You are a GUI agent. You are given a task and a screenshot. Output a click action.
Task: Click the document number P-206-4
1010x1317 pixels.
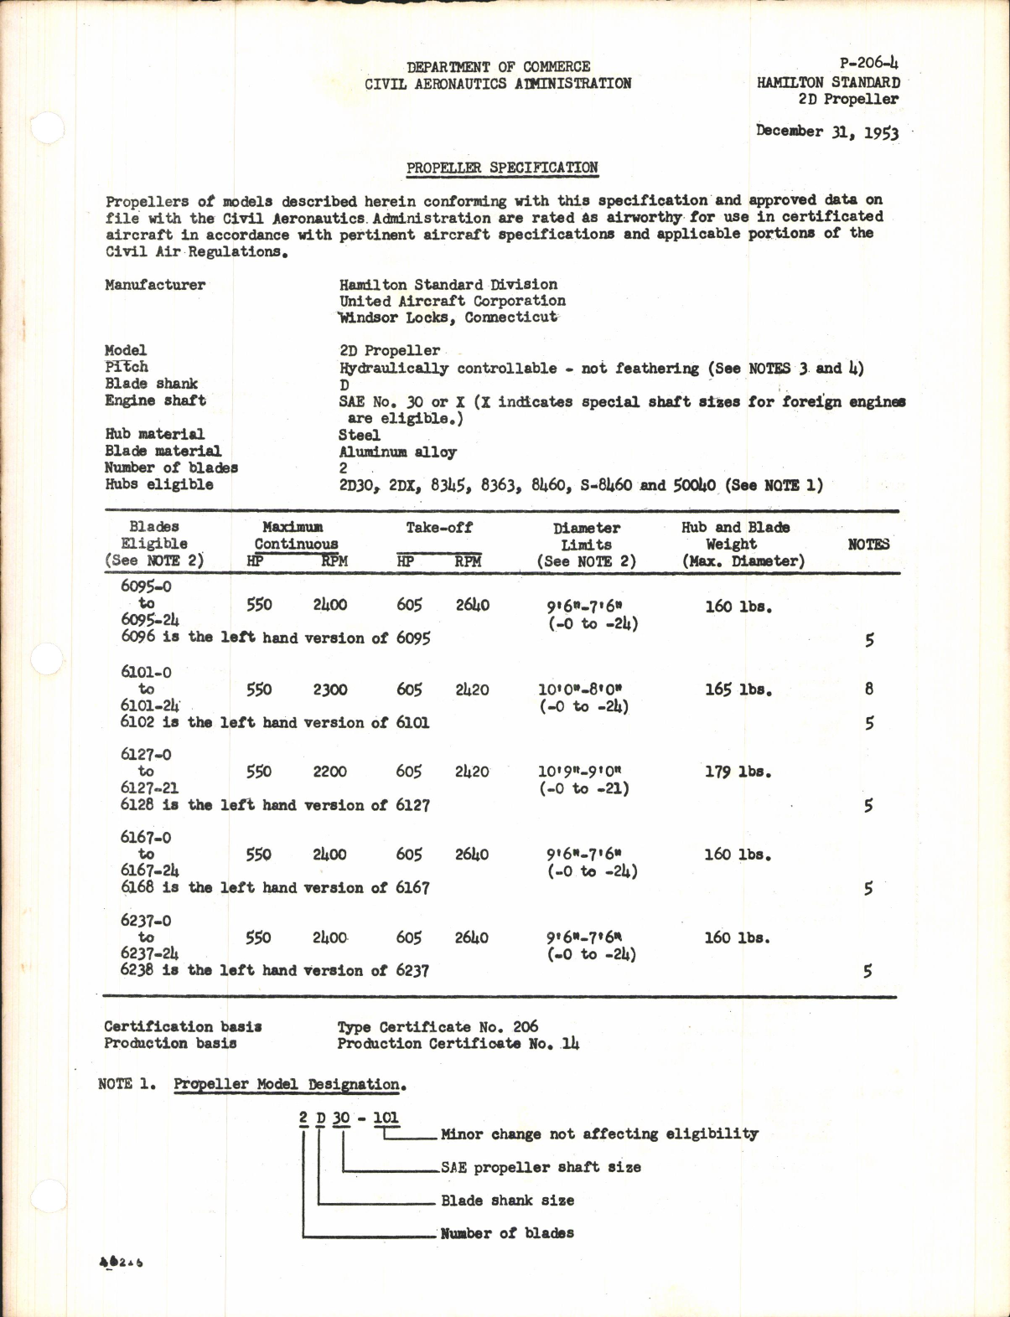(x=868, y=64)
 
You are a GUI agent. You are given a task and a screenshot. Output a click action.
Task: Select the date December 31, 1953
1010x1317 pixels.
(x=826, y=132)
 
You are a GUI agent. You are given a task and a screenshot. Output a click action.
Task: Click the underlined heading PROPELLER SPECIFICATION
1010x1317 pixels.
(x=502, y=168)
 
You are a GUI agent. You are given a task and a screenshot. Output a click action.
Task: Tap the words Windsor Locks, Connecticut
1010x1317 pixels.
(x=448, y=318)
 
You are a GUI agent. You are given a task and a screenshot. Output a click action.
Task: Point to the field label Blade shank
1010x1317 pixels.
(x=151, y=384)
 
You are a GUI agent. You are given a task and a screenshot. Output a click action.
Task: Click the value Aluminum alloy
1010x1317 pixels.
(x=397, y=452)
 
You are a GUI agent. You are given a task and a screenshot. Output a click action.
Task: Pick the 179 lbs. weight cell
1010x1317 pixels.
(x=738, y=772)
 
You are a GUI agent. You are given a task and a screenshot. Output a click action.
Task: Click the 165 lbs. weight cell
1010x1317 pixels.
(x=738, y=690)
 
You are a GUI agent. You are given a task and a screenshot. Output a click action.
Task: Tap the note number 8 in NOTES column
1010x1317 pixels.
(x=869, y=689)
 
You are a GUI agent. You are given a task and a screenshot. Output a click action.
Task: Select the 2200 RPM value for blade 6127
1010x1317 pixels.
(x=329, y=772)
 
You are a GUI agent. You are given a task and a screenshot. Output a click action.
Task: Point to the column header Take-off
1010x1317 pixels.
(x=438, y=528)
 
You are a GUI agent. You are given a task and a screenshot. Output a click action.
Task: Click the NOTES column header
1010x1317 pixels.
(x=868, y=545)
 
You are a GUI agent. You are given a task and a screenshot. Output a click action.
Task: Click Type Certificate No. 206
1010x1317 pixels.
(x=438, y=1027)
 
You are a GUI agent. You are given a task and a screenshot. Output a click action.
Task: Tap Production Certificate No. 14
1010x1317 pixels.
(x=458, y=1044)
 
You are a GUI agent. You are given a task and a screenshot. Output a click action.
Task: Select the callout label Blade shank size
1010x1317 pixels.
(x=507, y=1201)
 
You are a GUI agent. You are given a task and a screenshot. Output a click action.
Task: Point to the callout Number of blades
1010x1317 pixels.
(x=507, y=1233)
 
